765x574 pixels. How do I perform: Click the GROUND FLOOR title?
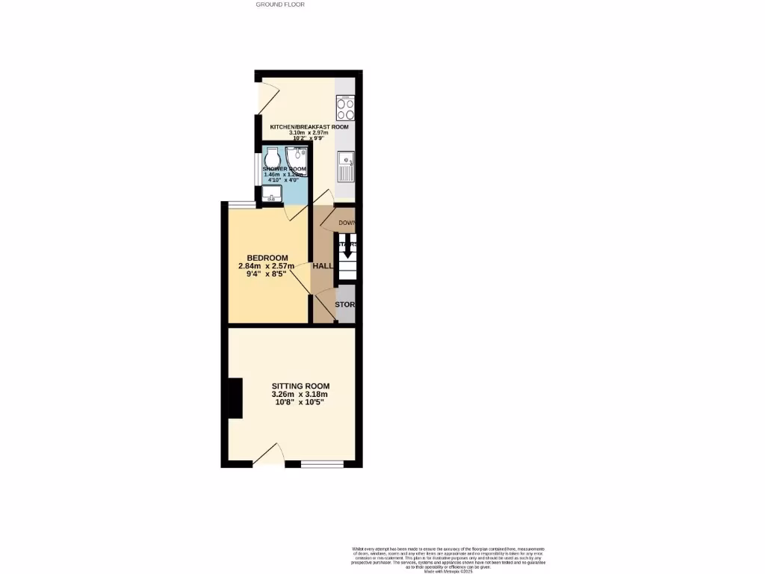click(280, 4)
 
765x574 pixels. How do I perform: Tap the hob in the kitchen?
click(345, 109)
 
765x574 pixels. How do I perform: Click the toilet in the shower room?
click(271, 158)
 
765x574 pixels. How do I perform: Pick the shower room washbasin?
click(271, 196)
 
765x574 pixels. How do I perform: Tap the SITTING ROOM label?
click(300, 386)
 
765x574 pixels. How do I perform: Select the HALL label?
click(323, 266)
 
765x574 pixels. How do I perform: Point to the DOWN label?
click(347, 223)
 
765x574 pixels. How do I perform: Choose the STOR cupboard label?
click(344, 305)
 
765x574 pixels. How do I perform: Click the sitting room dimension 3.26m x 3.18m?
click(300, 395)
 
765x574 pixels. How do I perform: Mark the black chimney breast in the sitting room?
click(235, 398)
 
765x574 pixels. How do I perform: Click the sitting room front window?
click(322, 464)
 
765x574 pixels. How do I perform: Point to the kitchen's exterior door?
click(267, 96)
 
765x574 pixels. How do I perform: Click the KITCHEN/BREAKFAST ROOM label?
click(309, 127)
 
